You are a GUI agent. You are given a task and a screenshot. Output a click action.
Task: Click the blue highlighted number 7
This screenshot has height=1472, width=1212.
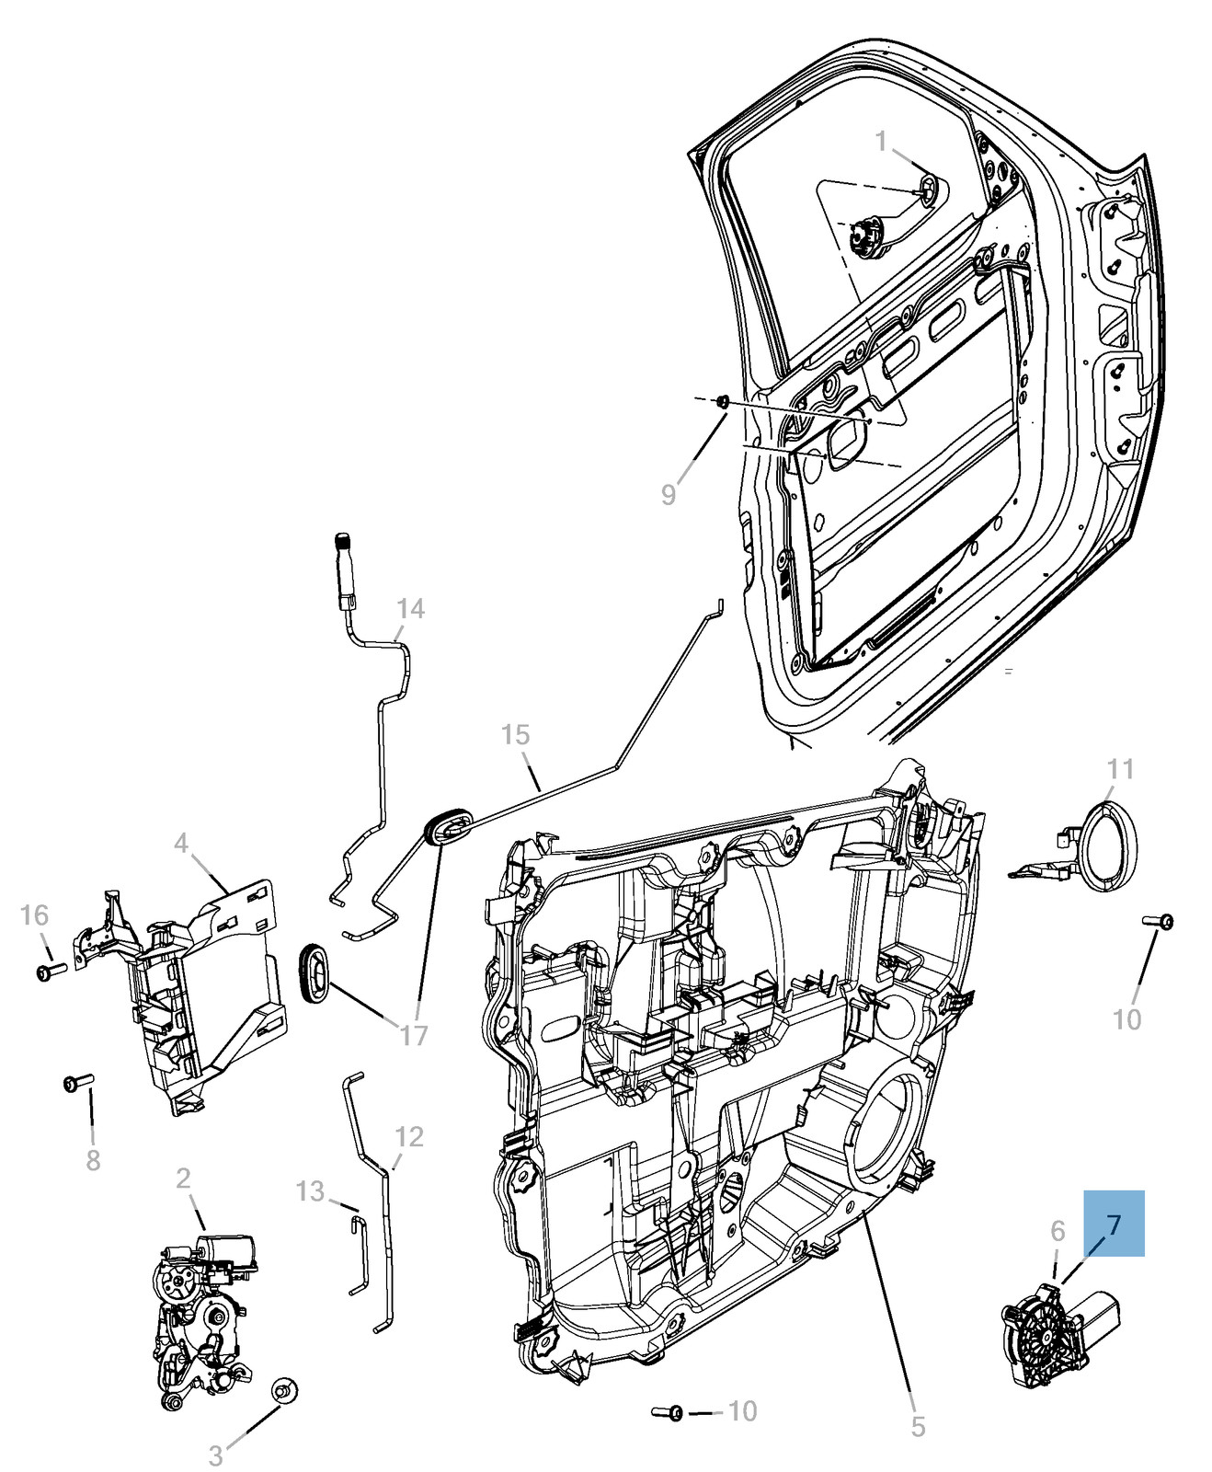point(1114,1224)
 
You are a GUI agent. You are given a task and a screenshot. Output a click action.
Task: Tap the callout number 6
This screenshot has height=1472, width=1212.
point(1058,1230)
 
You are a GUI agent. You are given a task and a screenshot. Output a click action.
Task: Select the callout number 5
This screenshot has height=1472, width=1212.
point(918,1426)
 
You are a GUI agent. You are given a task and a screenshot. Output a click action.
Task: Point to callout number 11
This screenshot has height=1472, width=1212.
point(1120,768)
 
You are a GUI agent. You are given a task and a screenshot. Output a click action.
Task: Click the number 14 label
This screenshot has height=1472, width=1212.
point(410,608)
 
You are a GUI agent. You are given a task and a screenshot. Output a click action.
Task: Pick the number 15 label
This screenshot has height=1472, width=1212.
point(516,734)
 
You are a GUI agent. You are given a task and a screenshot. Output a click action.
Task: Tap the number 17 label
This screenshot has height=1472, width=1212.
point(414,1035)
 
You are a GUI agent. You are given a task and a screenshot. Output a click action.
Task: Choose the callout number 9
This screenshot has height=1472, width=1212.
point(669,494)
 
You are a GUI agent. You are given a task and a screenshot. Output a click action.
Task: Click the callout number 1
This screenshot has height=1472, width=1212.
point(881,141)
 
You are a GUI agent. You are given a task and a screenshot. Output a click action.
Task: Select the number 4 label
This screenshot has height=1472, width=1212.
point(181,843)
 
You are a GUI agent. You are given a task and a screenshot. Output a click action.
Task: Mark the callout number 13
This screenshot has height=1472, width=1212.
point(311,1191)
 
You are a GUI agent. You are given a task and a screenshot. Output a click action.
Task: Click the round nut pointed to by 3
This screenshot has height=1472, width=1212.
point(284,1390)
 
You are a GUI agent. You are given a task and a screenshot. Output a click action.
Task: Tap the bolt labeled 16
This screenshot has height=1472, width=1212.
point(49,970)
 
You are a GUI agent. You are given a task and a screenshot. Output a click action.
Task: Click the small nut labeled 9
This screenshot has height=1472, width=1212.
point(723,401)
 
